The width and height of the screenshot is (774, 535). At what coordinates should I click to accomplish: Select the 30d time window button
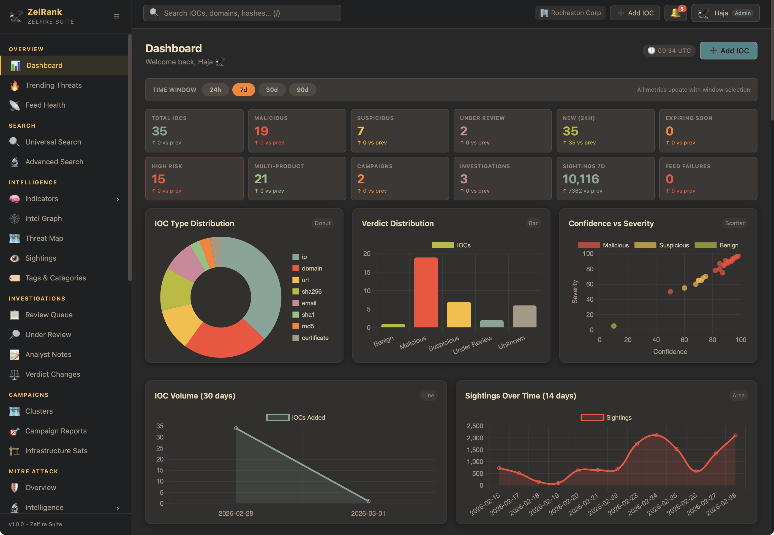point(271,90)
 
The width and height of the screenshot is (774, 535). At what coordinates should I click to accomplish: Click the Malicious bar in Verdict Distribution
point(426,292)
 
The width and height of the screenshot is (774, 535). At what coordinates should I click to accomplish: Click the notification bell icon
point(675,13)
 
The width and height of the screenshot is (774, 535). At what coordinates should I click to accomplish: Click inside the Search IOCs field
point(242,13)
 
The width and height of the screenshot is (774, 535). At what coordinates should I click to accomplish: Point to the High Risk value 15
point(158,179)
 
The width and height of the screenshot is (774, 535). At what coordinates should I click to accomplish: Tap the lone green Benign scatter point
point(614,326)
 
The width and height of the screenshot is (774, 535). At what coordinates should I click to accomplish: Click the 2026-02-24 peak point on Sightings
point(657,435)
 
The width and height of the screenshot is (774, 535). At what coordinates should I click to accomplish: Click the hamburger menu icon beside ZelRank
point(117,16)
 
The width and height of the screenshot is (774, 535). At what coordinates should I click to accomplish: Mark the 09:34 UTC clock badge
point(669,51)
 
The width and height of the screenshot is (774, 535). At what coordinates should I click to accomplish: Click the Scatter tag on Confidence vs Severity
point(734,223)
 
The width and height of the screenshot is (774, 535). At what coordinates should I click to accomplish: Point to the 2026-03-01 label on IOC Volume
point(368,514)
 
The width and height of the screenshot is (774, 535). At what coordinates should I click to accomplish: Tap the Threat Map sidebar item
point(44,238)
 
